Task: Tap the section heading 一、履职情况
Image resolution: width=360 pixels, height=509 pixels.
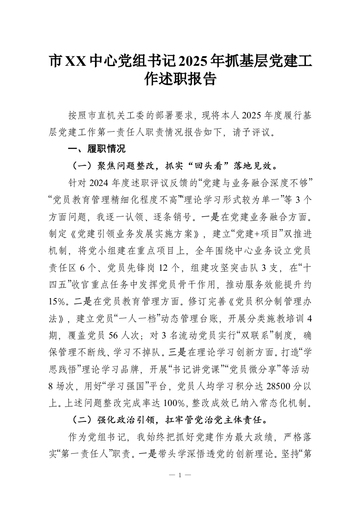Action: point(96,148)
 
